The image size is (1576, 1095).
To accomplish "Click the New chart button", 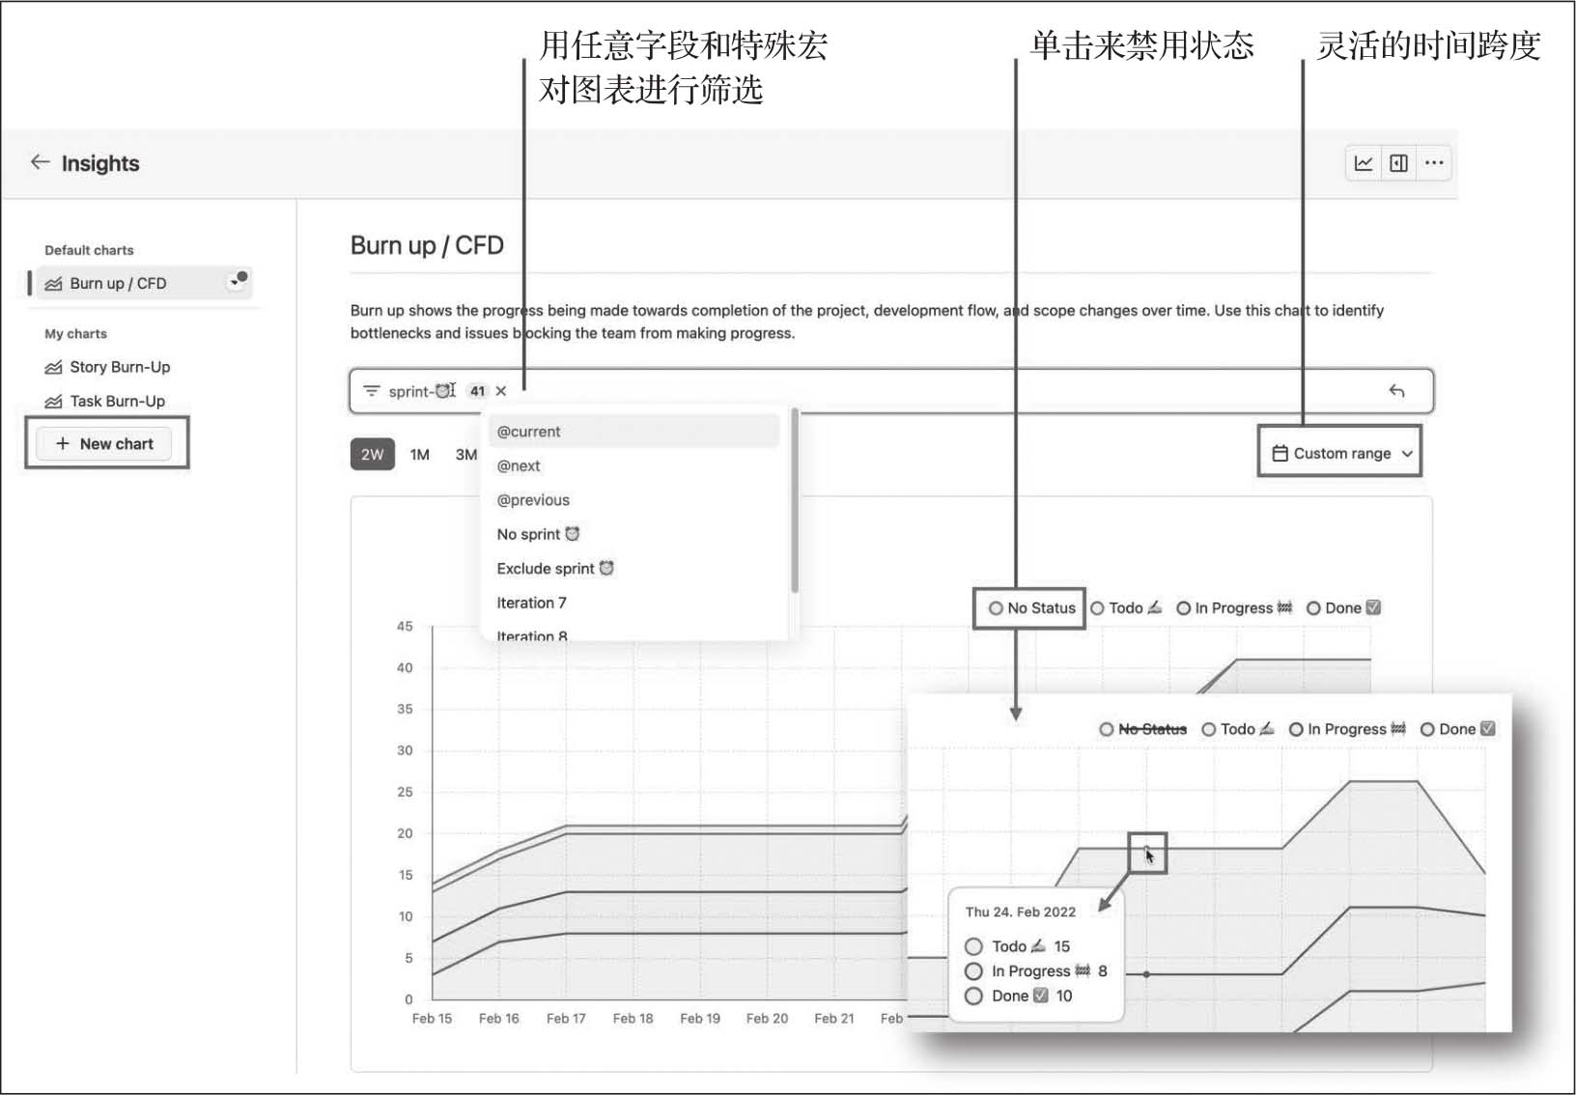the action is pos(104,443).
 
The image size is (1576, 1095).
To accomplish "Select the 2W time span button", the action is pos(372,455).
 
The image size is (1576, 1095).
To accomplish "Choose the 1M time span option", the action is pos(420,455).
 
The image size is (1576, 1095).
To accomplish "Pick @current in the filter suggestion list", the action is pos(528,432).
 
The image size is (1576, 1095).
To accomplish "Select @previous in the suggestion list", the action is pos(533,499).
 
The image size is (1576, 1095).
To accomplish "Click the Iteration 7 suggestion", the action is pos(531,603).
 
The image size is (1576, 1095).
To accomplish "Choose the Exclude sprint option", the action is pos(555,568).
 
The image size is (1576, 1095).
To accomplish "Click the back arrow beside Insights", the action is pos(41,162).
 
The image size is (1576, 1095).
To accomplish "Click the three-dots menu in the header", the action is pos(1434,163).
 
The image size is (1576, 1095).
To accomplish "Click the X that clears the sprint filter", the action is pos(501,391).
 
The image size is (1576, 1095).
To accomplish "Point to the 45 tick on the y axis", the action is pos(405,627).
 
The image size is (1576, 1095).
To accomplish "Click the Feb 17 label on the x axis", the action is pos(566,1019).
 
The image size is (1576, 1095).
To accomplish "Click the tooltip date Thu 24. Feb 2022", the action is pos(1020,912).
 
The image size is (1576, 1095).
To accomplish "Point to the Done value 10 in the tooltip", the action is pos(1064,996).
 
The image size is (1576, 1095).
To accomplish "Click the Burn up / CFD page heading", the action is pos(427,245).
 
